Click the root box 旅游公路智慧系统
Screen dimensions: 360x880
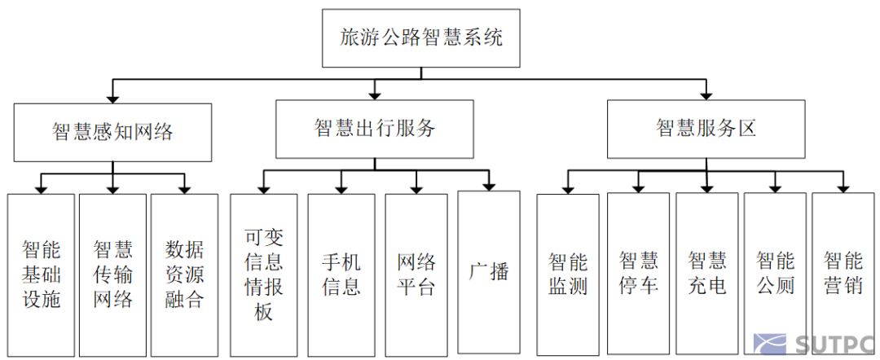pyautogui.click(x=420, y=38)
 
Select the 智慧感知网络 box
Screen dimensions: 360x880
pyautogui.click(x=112, y=131)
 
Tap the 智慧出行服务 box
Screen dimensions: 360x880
pyautogui.click(x=374, y=128)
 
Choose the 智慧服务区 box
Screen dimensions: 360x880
pyautogui.click(x=706, y=128)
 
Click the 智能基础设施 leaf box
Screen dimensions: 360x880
pyautogui.click(x=41, y=274)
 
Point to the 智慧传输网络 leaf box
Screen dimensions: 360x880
pyautogui.click(x=112, y=274)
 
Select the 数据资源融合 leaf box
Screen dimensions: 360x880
pyautogui.click(x=184, y=274)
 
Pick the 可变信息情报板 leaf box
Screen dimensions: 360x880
pyautogui.click(x=263, y=274)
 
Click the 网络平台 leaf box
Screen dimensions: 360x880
pyautogui.click(x=416, y=274)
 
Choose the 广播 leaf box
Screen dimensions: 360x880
pyautogui.click(x=489, y=270)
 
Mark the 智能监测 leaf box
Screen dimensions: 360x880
pyautogui.click(x=568, y=274)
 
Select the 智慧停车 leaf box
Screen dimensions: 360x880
pyautogui.click(x=638, y=274)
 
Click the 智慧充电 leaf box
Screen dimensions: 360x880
pyautogui.click(x=706, y=274)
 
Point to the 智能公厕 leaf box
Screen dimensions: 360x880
pyautogui.click(x=775, y=274)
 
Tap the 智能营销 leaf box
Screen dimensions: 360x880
pyautogui.click(x=843, y=274)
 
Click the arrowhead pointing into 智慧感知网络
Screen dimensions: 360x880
pyautogui.click(x=112, y=97)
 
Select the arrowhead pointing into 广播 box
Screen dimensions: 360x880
pyautogui.click(x=489, y=185)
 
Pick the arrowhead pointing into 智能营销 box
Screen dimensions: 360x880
pyautogui.click(x=843, y=188)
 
